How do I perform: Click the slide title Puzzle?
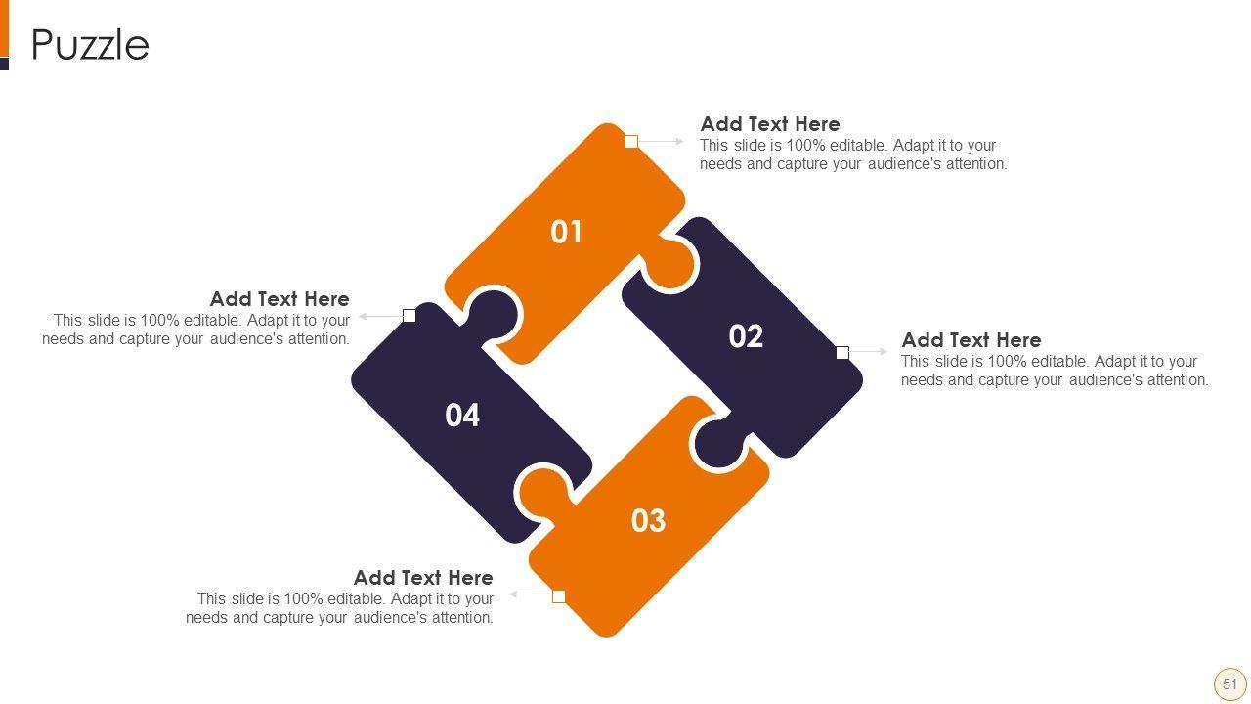tap(90, 45)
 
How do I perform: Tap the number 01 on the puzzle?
tap(566, 232)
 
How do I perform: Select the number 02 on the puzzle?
tap(746, 336)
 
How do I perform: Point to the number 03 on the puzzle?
tap(648, 521)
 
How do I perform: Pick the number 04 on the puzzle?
tap(462, 416)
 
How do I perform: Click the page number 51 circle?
tap(1229, 684)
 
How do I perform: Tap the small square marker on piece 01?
tap(631, 142)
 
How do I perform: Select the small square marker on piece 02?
tap(842, 353)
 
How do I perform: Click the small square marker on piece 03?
tap(558, 596)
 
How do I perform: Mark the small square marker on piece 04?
tap(410, 316)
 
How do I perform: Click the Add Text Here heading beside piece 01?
tap(770, 123)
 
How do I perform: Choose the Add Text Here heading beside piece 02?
tap(971, 339)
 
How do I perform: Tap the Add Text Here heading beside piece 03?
tap(423, 577)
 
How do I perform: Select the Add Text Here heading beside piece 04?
tap(280, 299)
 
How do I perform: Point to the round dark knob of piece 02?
tap(720, 442)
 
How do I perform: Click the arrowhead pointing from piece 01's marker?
tap(679, 142)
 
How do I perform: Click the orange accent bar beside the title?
tap(5, 28)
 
